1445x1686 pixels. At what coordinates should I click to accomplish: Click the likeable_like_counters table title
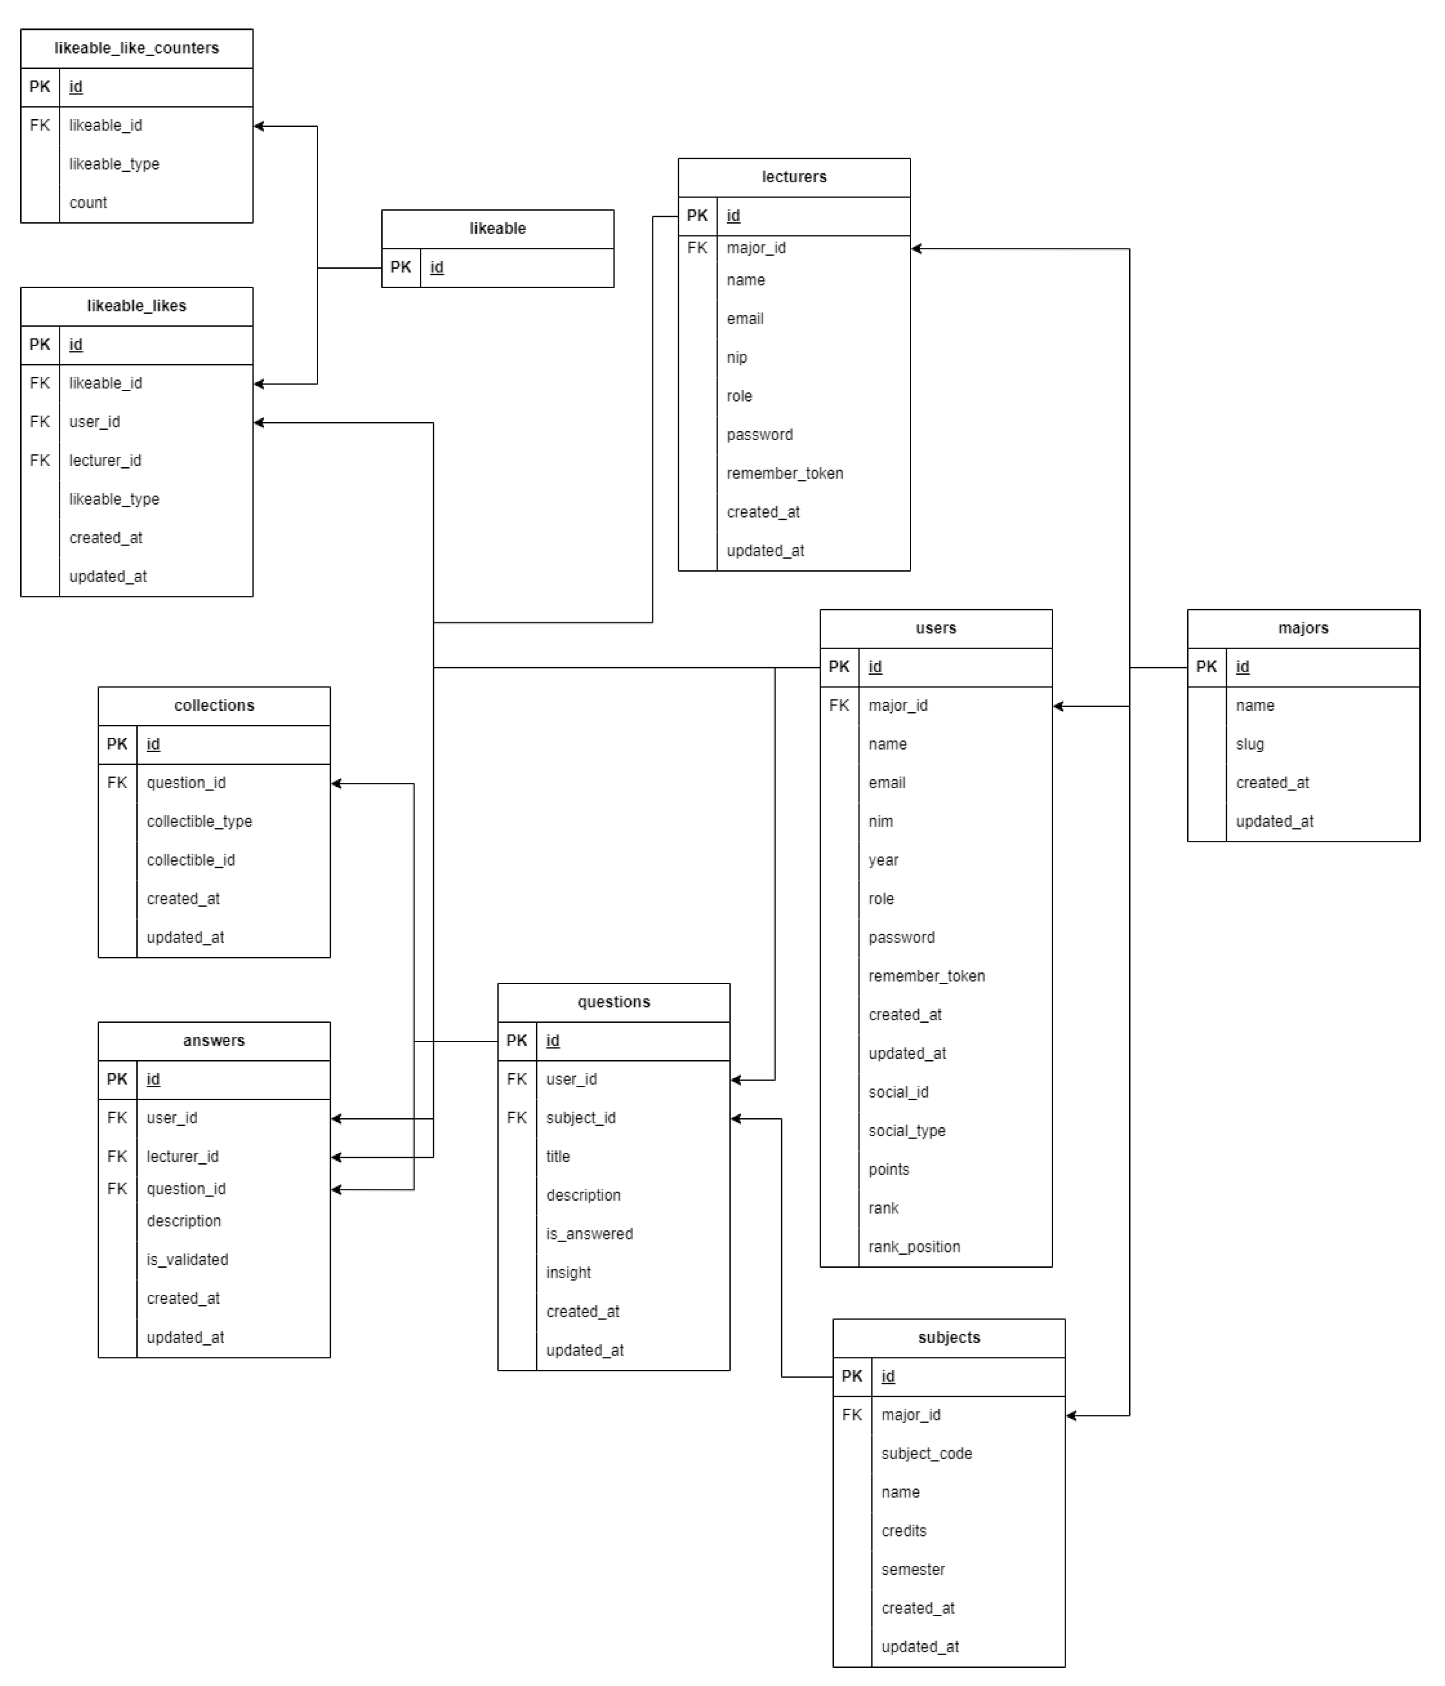point(137,48)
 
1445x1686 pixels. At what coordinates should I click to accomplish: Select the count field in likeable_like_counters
point(88,203)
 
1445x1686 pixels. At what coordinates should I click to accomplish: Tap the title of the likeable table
point(497,229)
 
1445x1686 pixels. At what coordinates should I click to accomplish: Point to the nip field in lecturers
point(737,357)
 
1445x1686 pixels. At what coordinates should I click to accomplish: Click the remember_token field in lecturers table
point(784,473)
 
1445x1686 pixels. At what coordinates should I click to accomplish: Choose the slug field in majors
point(1250,744)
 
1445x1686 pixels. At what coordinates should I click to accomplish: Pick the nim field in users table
point(880,821)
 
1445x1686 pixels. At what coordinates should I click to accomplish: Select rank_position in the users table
point(914,1247)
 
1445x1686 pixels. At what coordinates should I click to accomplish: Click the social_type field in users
point(907,1130)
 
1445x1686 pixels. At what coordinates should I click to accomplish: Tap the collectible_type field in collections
point(199,821)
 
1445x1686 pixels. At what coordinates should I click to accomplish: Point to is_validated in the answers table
point(187,1260)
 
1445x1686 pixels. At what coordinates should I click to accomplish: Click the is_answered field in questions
point(589,1234)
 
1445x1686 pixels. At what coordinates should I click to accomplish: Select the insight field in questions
point(568,1272)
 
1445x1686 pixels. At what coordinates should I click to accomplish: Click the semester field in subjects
point(913,1570)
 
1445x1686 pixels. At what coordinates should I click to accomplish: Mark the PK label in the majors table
point(1206,667)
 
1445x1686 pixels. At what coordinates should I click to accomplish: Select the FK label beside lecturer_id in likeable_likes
point(40,461)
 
